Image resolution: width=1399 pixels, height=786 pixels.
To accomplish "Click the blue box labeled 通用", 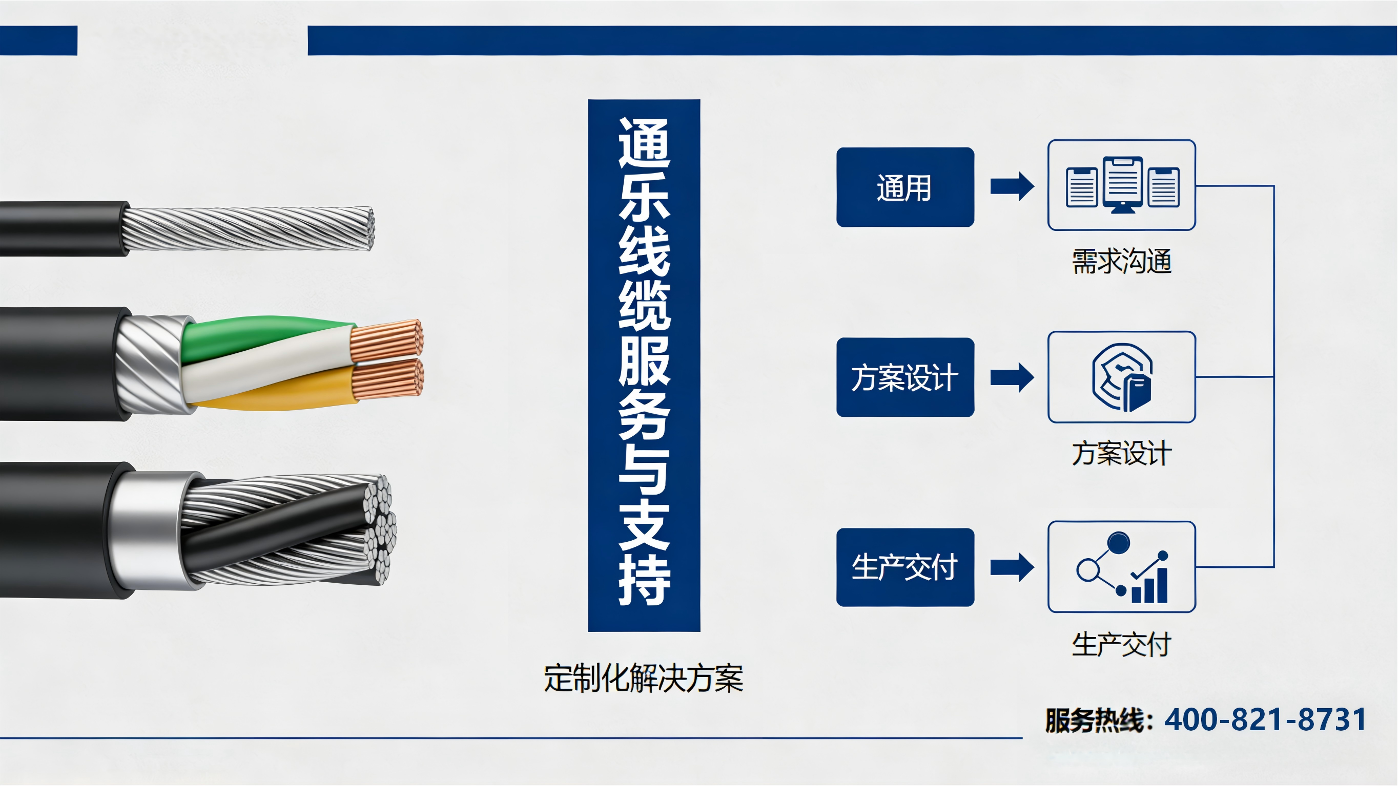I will [905, 187].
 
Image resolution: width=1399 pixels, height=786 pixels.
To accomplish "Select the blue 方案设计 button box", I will [905, 377].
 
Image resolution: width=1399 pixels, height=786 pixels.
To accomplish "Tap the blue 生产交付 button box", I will [905, 567].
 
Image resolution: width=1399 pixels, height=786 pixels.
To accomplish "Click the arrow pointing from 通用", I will [1012, 186].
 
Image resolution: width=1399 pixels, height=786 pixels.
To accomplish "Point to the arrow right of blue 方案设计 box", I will [1012, 377].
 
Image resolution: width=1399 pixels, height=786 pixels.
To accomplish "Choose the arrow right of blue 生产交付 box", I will [1012, 567].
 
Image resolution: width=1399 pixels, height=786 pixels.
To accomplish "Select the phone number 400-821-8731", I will [1265, 720].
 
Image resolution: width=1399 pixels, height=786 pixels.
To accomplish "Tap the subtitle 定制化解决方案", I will [644, 678].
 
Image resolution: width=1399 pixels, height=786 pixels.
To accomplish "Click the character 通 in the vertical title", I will [645, 143].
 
